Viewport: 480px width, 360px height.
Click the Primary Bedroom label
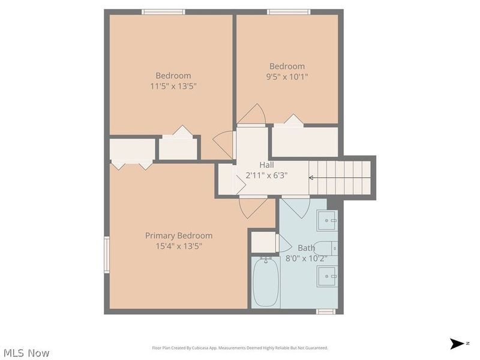[x=179, y=236]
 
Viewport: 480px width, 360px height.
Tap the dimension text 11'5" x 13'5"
[x=173, y=86]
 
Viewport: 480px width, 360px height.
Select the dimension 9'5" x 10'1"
[x=287, y=77]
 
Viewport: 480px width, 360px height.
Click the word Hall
[x=266, y=165]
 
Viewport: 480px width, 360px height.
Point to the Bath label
[x=306, y=248]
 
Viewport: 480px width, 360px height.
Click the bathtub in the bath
[x=266, y=281]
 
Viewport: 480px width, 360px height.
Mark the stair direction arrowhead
[x=310, y=178]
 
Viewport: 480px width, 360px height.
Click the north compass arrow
[x=457, y=344]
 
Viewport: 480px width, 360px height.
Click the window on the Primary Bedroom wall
[x=107, y=254]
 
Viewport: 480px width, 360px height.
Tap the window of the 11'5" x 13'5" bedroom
[x=163, y=12]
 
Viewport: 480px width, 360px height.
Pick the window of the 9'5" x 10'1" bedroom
[x=289, y=12]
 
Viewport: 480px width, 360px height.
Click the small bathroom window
[x=326, y=311]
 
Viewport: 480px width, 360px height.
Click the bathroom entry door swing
[x=295, y=207]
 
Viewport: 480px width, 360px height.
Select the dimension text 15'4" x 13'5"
[x=179, y=246]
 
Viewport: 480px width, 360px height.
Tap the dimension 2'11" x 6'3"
[x=266, y=175]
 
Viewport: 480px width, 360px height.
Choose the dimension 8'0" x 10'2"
[x=307, y=259]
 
